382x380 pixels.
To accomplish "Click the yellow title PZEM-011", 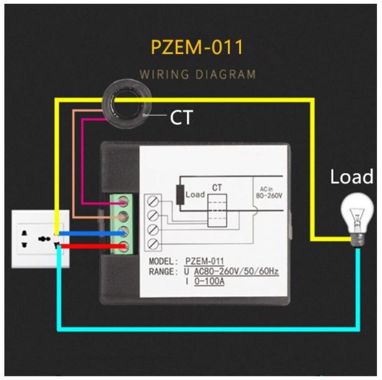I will (x=198, y=48).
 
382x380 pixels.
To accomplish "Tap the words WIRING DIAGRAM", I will (x=198, y=75).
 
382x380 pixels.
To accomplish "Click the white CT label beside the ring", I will (x=181, y=118).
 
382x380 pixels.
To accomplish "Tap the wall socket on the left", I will (x=39, y=238).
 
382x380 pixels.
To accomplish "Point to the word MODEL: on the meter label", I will (x=163, y=261).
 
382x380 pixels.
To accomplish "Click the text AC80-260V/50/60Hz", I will (x=235, y=272).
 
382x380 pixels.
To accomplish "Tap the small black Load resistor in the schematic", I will (x=180, y=194).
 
